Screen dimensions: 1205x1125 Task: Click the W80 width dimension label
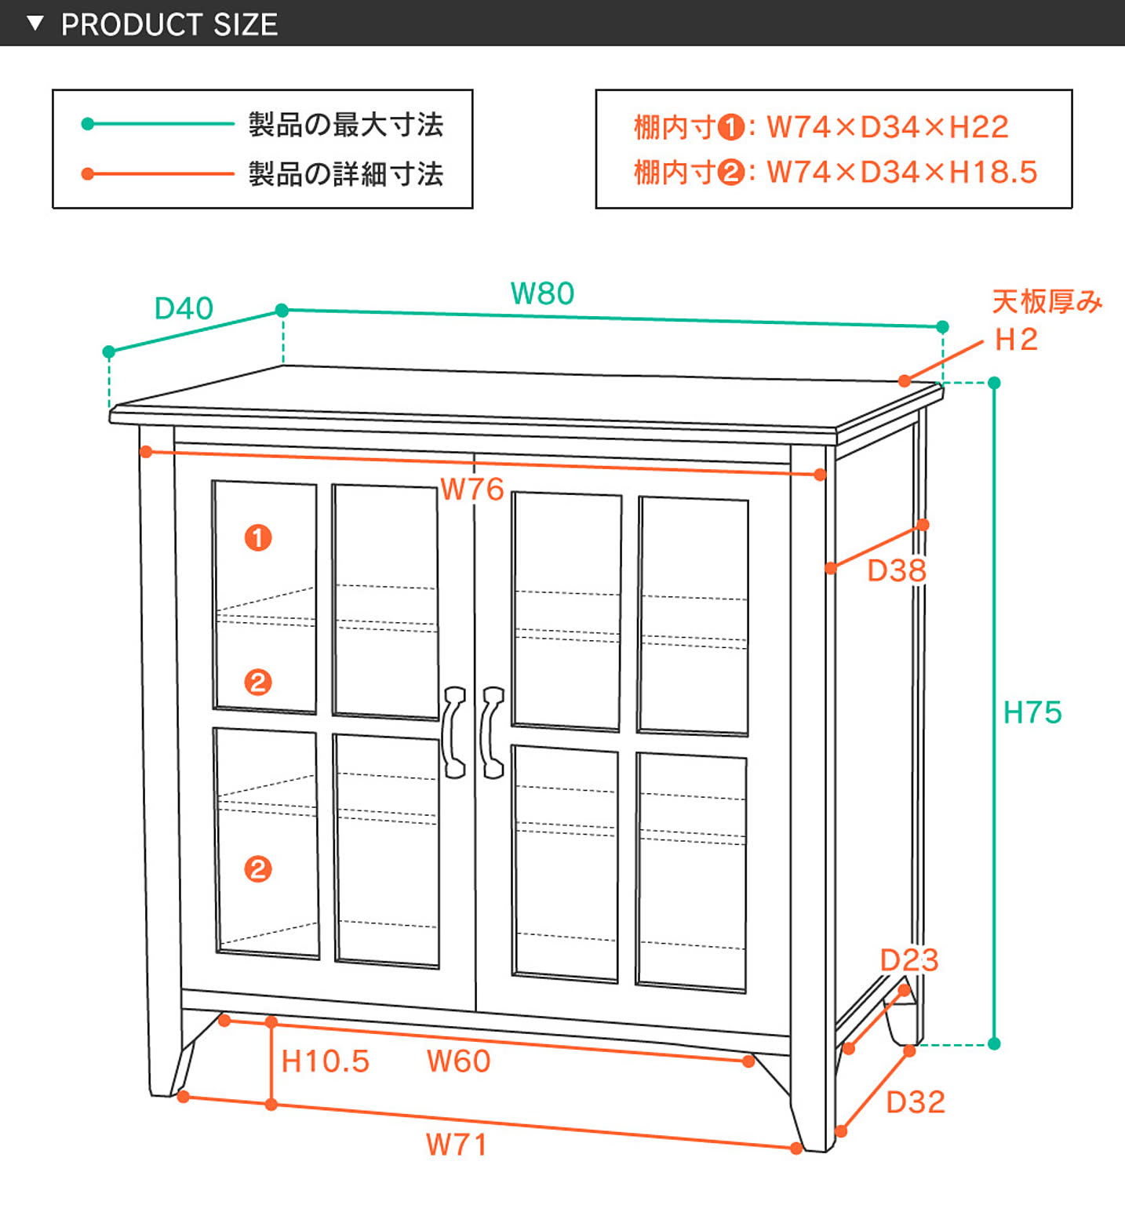coord(542,294)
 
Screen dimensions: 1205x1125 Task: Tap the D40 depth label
coord(184,308)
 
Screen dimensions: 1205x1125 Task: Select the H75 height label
coord(1032,713)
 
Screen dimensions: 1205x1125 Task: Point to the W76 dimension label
coord(471,490)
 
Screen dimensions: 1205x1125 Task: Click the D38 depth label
coord(897,571)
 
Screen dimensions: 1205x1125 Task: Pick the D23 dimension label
coord(909,960)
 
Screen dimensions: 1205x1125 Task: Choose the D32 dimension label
coord(915,1102)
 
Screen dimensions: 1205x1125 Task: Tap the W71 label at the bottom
coord(456,1145)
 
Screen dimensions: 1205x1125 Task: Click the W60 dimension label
coord(458,1061)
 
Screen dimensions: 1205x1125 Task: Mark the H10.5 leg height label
coord(325,1061)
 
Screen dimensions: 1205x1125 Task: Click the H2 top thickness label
coord(1016,340)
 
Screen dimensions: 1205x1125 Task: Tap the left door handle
coord(453,733)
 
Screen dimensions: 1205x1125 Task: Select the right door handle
coord(492,733)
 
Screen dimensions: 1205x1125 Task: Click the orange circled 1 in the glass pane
coord(258,538)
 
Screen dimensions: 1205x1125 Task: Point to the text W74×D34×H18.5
coord(901,173)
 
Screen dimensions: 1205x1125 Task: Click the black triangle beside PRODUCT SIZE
coord(35,24)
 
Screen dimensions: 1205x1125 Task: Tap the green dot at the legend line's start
coord(88,124)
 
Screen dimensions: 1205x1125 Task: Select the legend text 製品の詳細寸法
coord(346,174)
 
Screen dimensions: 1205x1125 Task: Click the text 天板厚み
coord(1047,302)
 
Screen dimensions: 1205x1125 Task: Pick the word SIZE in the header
coord(246,24)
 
